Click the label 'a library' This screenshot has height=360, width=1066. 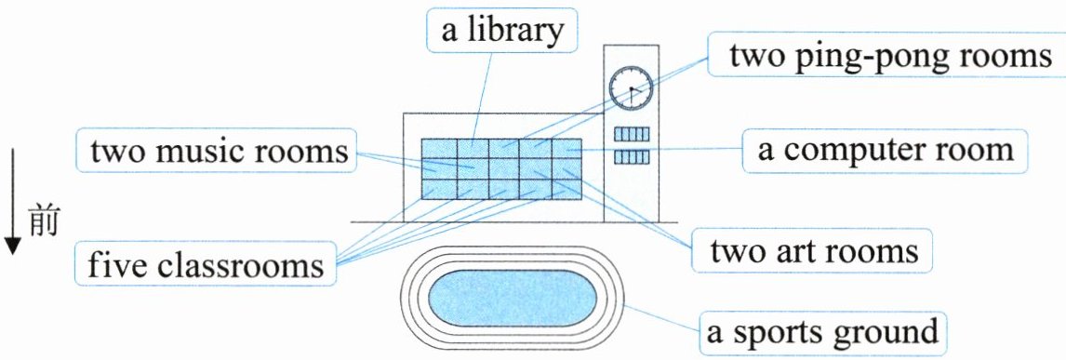tap(501, 31)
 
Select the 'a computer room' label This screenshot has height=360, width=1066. tap(885, 150)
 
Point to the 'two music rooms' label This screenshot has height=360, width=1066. tap(217, 151)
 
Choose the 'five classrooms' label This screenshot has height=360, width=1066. tap(206, 263)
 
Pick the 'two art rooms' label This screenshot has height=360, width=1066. tap(814, 251)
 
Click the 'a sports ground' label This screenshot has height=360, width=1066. tap(823, 333)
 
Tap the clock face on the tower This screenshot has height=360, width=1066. tap(631, 88)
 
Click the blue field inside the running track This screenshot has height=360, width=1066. tap(513, 298)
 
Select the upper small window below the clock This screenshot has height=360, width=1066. tap(632, 134)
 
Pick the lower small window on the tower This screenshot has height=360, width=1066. tap(632, 157)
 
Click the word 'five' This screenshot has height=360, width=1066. tap(116, 263)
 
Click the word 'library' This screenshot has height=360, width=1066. tap(516, 32)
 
